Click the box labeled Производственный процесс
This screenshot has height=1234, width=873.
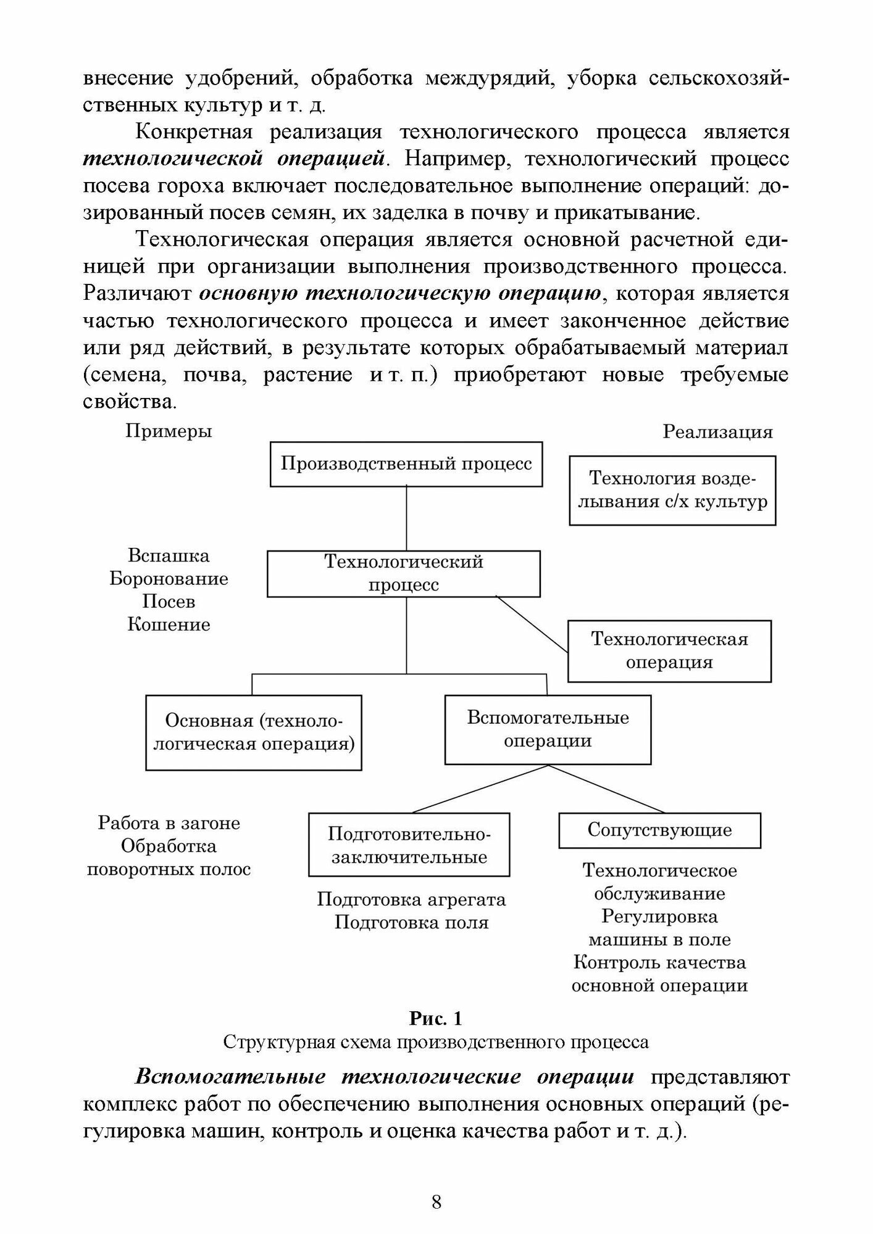(x=406, y=464)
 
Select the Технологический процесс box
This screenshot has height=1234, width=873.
(x=404, y=574)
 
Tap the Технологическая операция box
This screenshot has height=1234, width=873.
(x=669, y=651)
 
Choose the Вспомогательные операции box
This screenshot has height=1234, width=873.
(x=548, y=729)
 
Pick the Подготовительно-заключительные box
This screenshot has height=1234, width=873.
(x=409, y=845)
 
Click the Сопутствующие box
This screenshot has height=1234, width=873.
(x=659, y=830)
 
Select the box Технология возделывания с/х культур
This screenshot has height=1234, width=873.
(x=672, y=490)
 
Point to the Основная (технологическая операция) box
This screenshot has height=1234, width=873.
(x=254, y=732)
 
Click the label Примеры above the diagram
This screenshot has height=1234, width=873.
(x=169, y=431)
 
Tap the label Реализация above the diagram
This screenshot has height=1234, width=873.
(x=717, y=432)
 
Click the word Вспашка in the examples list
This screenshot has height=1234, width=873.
(x=169, y=556)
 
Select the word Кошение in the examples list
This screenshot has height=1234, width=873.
(x=169, y=624)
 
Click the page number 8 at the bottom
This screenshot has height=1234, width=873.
(x=436, y=1202)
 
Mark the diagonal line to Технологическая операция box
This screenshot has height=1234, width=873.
(x=532, y=624)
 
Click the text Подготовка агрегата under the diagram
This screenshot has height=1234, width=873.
(x=411, y=900)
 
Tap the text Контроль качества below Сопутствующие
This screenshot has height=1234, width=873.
(x=659, y=963)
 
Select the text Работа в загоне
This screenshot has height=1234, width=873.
(x=169, y=823)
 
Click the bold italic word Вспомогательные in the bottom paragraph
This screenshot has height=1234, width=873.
(x=230, y=1077)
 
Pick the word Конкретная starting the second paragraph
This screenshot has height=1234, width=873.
(x=194, y=133)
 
